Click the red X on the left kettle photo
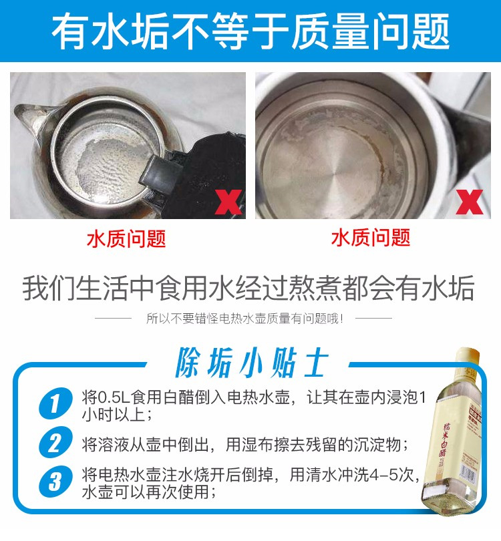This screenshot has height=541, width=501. (228, 202)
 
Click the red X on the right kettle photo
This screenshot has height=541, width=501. (470, 202)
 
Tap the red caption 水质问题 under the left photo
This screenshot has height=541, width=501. (126, 238)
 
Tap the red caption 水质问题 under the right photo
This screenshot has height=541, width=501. (371, 237)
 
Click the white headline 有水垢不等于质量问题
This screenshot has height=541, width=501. (251, 30)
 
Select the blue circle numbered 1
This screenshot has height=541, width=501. (55, 403)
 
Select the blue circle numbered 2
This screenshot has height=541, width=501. (55, 442)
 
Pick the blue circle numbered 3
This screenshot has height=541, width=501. (55, 481)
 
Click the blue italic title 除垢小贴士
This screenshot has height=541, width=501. (251, 363)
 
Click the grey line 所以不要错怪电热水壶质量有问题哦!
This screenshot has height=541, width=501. (244, 318)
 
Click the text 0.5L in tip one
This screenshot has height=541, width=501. (114, 397)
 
